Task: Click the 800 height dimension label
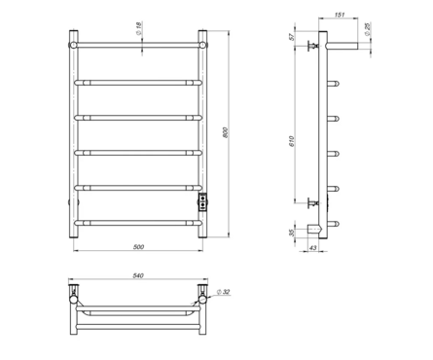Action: (226, 132)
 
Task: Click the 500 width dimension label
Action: (138, 247)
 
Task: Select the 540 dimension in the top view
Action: (138, 275)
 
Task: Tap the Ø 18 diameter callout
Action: (138, 28)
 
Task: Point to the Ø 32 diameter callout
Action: (223, 292)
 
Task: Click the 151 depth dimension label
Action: (339, 15)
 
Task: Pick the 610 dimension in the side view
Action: (291, 142)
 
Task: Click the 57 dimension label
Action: (292, 37)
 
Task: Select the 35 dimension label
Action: (291, 233)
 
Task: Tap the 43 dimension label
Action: (312, 248)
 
